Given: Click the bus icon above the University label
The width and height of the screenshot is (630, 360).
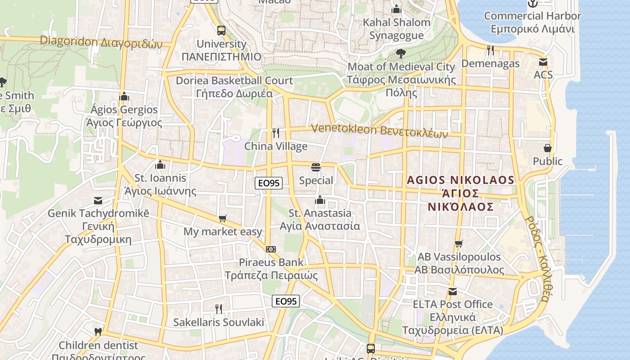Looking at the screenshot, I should tap(221, 31).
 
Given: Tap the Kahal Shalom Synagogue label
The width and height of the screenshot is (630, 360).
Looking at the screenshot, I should tap(396, 28).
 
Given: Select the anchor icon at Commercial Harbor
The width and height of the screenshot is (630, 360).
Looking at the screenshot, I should tap(532, 4).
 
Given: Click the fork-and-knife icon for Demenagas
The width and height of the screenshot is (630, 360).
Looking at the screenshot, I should tap(490, 50).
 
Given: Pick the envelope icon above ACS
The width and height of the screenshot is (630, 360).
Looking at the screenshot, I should tap(543, 62).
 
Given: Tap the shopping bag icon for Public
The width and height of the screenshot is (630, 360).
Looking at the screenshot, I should tap(548, 148).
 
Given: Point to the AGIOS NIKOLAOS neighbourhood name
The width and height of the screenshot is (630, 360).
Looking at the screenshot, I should tap(460, 193).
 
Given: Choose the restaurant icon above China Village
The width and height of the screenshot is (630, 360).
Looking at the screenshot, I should tap(276, 133).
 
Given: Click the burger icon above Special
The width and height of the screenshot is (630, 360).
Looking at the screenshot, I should tap(316, 167).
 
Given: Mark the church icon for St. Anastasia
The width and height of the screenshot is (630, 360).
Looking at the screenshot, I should tap(320, 200).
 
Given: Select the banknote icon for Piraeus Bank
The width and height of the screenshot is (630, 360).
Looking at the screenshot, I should tap(271, 249).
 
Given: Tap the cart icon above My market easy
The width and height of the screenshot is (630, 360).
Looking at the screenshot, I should tap(222, 219).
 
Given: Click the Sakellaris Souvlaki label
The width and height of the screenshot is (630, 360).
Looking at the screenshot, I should tap(219, 322).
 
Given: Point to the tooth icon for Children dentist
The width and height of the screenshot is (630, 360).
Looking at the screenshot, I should tap(98, 332).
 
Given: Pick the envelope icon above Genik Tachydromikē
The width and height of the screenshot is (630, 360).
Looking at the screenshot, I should tap(98, 200).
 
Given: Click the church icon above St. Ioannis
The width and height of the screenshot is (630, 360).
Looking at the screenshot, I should tap(160, 165).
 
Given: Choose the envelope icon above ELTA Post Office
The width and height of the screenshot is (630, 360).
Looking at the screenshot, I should tap(453, 292).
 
